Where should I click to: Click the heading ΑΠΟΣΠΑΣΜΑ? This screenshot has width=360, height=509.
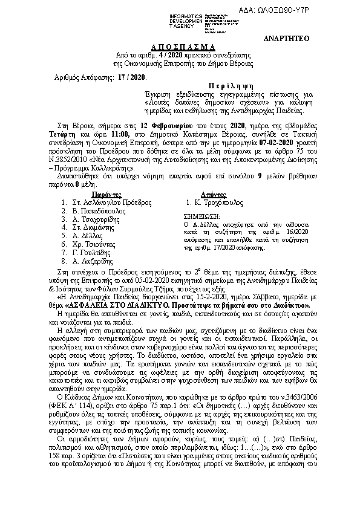click(179, 47)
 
